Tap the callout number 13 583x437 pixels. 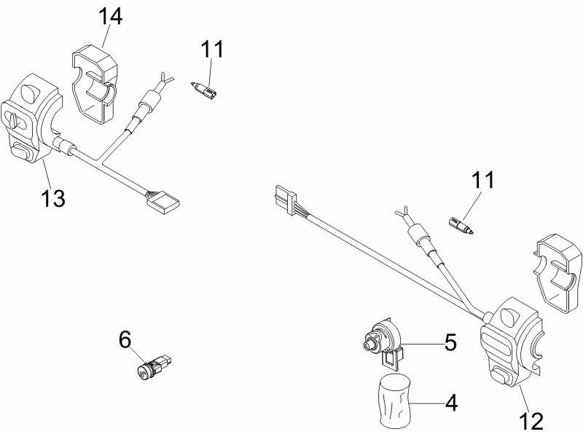pos(52,197)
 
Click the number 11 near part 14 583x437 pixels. pos(213,50)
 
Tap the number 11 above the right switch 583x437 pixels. pos(480,180)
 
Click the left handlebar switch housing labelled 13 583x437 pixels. pos(33,117)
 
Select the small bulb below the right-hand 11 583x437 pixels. pos(461,224)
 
